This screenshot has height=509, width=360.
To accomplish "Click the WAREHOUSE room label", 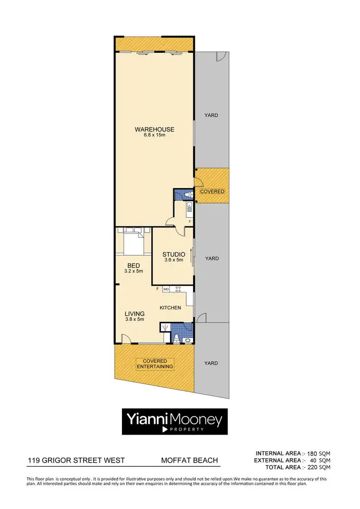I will [154, 130].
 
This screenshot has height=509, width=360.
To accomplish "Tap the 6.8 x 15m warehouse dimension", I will [154, 135].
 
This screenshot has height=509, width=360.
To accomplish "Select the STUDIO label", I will [173, 255].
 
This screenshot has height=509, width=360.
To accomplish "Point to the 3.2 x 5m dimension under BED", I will [133, 271].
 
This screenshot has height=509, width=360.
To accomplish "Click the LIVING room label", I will [134, 314].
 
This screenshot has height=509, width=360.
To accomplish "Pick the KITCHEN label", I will [170, 308].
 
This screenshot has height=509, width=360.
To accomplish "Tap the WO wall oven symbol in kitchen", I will [166, 289].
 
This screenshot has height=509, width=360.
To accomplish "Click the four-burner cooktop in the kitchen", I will [178, 289].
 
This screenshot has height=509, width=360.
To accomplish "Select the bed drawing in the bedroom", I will [133, 242].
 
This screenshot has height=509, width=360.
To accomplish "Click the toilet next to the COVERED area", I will [189, 195].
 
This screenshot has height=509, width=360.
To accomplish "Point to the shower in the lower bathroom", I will [166, 328].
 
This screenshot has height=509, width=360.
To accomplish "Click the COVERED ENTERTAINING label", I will [155, 364].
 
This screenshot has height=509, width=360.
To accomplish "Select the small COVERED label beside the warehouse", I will [212, 191].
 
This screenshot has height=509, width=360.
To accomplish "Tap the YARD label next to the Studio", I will [212, 259].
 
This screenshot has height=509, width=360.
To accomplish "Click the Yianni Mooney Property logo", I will [174, 421].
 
